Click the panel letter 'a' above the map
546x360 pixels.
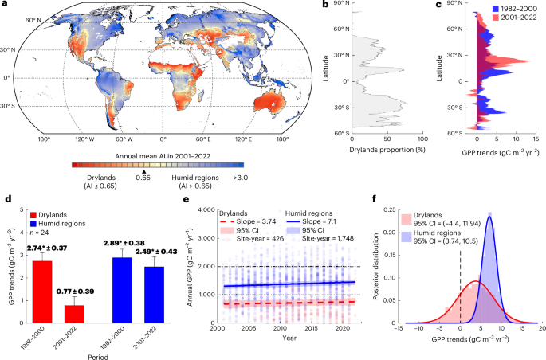coord(5,6)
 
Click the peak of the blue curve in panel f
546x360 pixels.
coord(489,217)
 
